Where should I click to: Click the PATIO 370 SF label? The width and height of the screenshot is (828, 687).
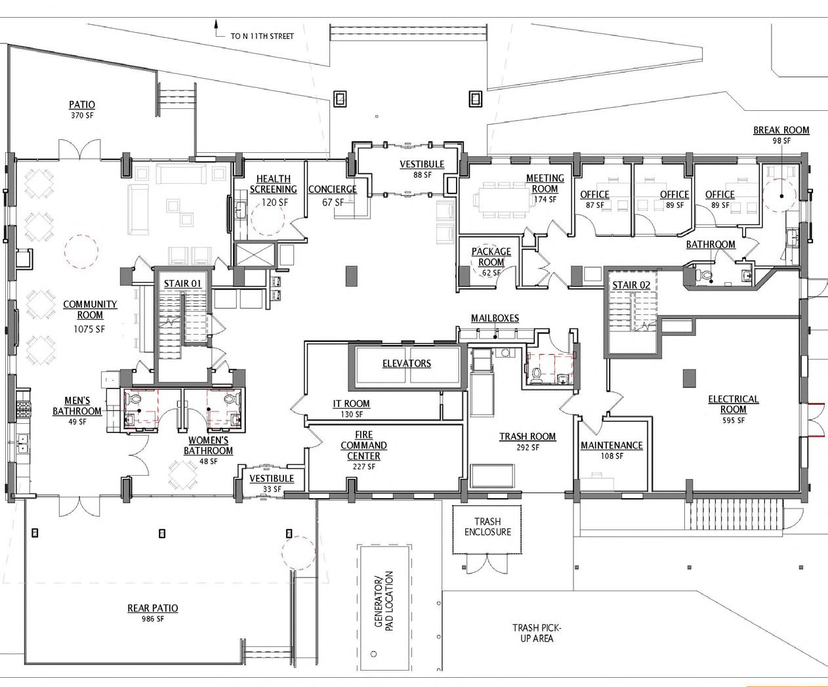point(82,109)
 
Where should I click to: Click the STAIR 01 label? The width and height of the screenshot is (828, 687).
point(182,283)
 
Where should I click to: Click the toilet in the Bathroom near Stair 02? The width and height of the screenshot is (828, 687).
point(707,276)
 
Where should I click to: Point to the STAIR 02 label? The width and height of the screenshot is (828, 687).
point(631,285)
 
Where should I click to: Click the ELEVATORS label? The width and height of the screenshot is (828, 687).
point(407,363)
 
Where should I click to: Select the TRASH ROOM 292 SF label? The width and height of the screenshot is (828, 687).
point(528,441)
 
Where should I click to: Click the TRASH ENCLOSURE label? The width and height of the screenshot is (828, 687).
point(487,527)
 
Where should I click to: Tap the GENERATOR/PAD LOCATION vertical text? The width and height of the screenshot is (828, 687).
point(383,600)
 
